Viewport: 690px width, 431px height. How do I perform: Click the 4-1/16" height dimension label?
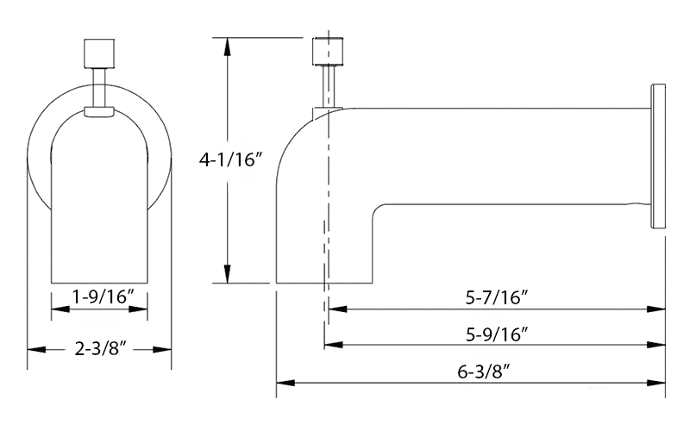[x=230, y=159]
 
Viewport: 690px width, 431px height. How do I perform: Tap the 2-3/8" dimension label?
[x=100, y=349]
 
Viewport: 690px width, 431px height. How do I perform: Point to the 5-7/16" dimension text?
[x=497, y=297]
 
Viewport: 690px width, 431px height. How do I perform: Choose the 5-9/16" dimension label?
[x=497, y=334]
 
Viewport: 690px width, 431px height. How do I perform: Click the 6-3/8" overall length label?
[x=484, y=372]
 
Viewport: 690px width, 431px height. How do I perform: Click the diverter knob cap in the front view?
[x=99, y=53]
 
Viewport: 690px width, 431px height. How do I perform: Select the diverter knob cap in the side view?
[x=328, y=52]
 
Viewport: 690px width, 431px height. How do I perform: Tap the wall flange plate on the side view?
[x=658, y=156]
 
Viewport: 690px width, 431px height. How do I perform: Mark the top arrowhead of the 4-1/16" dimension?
[x=227, y=47]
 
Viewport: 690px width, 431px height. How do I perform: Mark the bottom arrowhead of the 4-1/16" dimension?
[x=227, y=274]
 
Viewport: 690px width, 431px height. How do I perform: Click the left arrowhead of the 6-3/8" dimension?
[x=285, y=383]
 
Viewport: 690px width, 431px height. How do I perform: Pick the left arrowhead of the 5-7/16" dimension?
[x=337, y=309]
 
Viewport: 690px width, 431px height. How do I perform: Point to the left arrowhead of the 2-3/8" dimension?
[x=36, y=350]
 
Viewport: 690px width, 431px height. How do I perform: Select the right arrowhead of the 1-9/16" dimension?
[x=138, y=309]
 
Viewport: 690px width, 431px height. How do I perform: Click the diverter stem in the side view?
[x=329, y=86]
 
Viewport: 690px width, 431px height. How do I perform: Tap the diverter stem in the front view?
[x=99, y=88]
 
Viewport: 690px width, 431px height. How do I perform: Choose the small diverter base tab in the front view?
[x=99, y=112]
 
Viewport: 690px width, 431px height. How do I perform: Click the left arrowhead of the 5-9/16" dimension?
[x=334, y=344]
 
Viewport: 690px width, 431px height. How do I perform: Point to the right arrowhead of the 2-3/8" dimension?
[x=162, y=350]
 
